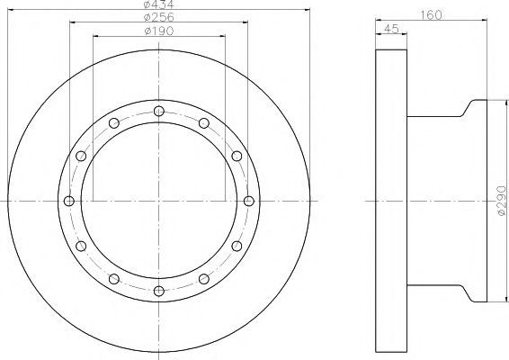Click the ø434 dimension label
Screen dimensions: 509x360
[x=159, y=4]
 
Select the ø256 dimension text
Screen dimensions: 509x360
[x=159, y=17]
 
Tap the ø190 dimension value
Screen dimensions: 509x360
[x=159, y=31]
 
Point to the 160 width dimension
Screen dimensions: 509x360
[x=431, y=14]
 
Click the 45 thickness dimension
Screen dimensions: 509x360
[x=391, y=29]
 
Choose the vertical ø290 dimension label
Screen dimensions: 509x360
[x=502, y=201]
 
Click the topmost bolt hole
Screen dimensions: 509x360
[x=159, y=111]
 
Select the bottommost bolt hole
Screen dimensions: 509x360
[x=159, y=291]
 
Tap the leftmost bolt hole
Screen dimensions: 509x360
[x=69, y=201]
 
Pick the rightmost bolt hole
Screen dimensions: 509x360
[x=249, y=201]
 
